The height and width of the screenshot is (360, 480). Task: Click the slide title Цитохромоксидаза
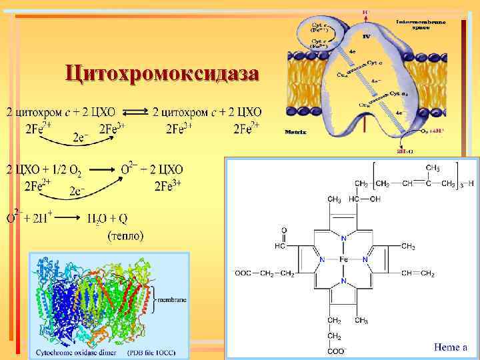(161, 73)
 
